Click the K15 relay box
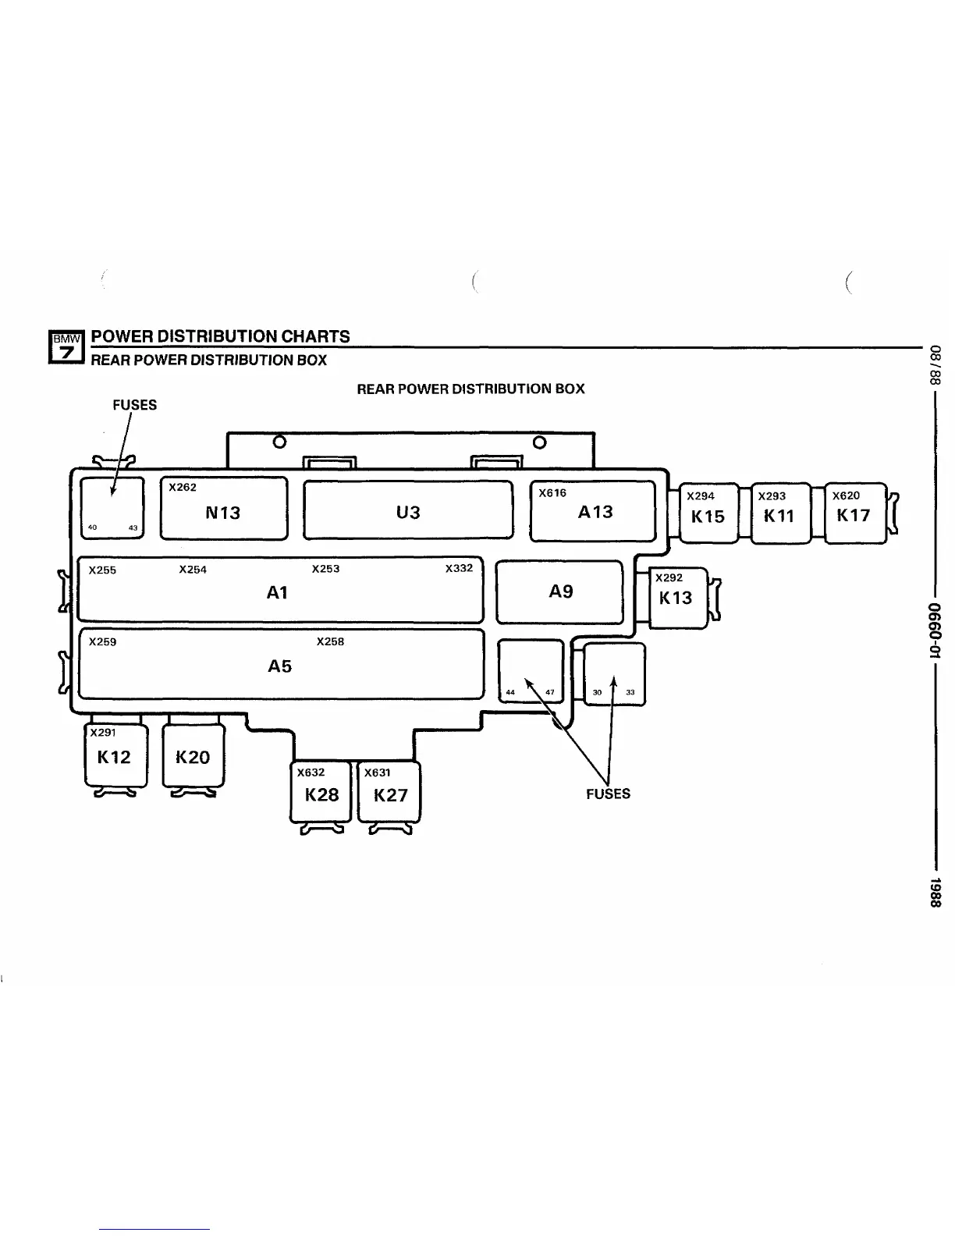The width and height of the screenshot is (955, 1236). click(708, 513)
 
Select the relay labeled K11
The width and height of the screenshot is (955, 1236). click(779, 513)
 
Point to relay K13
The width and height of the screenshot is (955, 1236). click(676, 597)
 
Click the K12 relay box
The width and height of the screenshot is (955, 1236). click(115, 755)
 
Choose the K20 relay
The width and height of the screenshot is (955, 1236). click(193, 755)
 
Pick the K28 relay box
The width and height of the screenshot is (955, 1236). click(321, 792)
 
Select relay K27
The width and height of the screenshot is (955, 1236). click(389, 792)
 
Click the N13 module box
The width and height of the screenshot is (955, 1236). click(223, 509)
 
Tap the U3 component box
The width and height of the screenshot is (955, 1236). click(408, 510)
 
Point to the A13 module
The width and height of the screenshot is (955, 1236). click(593, 511)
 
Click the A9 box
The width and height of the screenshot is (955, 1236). click(560, 591)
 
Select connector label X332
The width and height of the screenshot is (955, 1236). click(459, 568)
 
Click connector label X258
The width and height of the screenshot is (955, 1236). click(330, 641)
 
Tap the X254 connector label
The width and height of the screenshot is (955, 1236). click(193, 570)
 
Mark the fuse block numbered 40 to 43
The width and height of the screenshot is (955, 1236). click(112, 506)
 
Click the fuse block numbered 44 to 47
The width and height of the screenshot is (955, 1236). click(531, 670)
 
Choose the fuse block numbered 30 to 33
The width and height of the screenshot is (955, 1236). click(614, 674)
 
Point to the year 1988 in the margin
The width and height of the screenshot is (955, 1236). click(935, 892)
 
